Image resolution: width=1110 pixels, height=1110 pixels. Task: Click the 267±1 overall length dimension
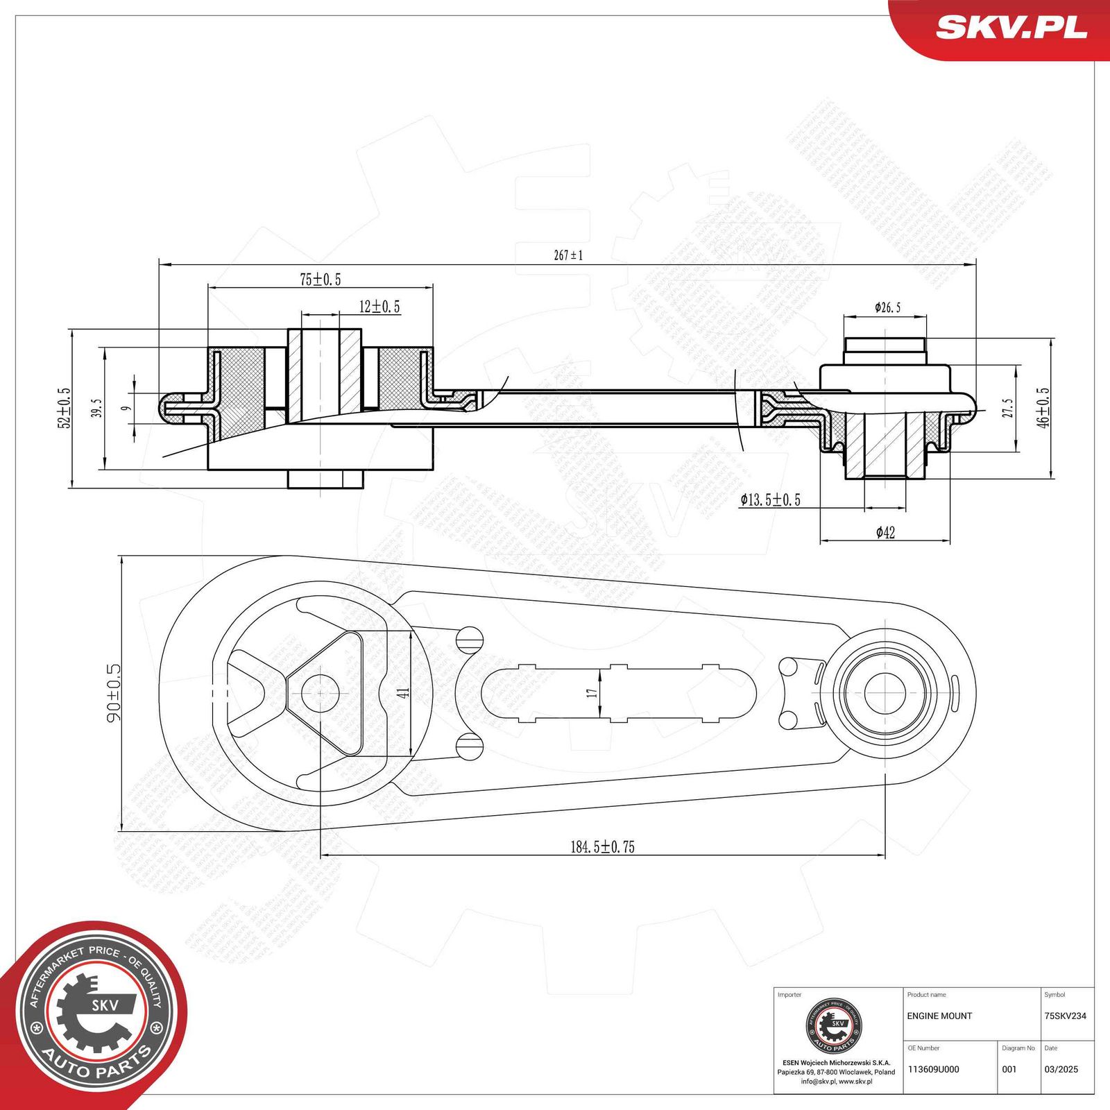pyautogui.click(x=568, y=255)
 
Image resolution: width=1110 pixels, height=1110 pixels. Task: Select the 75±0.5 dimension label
pyautogui.click(x=320, y=280)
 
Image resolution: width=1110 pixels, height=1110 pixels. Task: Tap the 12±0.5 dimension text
pyautogui.click(x=379, y=307)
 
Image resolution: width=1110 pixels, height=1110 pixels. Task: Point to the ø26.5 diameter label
pyautogui.click(x=887, y=307)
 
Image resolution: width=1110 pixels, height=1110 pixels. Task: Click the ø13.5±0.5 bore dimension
pyautogui.click(x=770, y=499)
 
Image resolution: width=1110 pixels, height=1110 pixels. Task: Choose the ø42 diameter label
pyautogui.click(x=885, y=532)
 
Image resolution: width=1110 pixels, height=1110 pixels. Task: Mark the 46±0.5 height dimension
pyautogui.click(x=1043, y=407)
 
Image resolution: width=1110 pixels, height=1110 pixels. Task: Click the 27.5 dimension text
pyautogui.click(x=1007, y=408)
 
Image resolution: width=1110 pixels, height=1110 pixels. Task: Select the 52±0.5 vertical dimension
pyautogui.click(x=64, y=408)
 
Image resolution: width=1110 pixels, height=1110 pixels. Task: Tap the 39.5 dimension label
pyautogui.click(x=96, y=408)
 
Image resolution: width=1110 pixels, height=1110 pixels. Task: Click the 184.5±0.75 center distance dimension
pyautogui.click(x=602, y=846)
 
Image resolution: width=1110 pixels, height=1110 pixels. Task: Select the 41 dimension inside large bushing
pyautogui.click(x=404, y=692)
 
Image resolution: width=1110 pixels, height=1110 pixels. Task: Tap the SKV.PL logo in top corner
pyautogui.click(x=1011, y=28)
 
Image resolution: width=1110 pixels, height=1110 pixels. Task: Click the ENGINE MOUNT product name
pyautogui.click(x=939, y=1016)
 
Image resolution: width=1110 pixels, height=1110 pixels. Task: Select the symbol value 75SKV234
pyautogui.click(x=1065, y=1016)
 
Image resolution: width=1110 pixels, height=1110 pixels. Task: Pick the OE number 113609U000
pyautogui.click(x=933, y=1069)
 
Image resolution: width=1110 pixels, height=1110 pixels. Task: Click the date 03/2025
pyautogui.click(x=1061, y=1069)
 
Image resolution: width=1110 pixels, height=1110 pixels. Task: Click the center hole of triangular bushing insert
pyautogui.click(x=320, y=692)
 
